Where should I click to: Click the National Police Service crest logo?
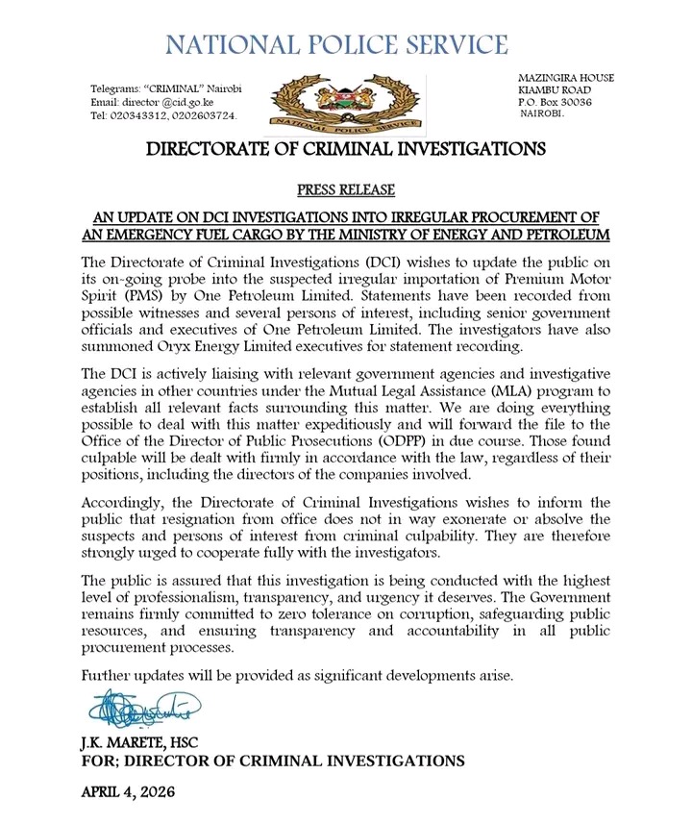click(345, 103)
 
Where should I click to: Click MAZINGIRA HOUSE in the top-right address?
click(566, 78)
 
